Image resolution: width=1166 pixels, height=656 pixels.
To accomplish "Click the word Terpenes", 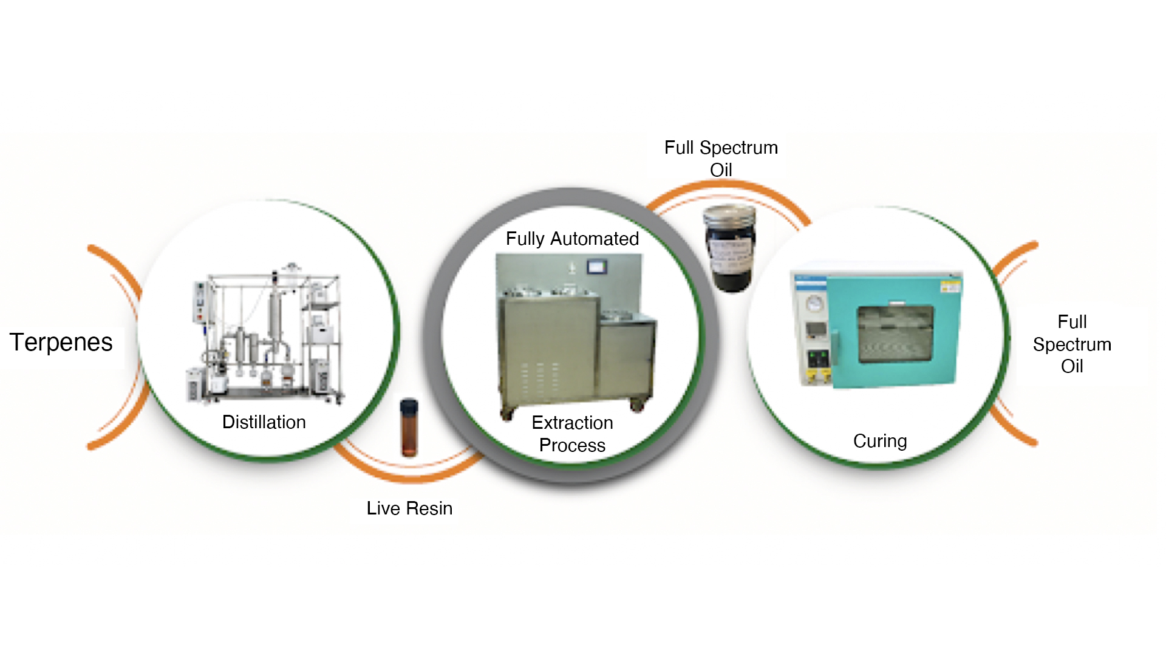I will point(61,343).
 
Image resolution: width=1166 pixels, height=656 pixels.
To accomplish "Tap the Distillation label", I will point(264,422).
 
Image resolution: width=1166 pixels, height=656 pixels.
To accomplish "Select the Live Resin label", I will point(409,508).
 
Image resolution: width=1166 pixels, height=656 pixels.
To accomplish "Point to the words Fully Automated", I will point(572,239).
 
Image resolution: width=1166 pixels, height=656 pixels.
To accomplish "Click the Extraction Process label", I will point(572,434).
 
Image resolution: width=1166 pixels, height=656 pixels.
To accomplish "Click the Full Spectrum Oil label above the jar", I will point(721,159).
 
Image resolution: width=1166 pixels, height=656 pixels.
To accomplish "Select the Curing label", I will point(880,441).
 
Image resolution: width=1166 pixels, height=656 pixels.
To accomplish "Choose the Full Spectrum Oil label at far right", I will point(1072,344).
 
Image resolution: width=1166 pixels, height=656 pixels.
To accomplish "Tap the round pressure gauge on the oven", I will point(815,303).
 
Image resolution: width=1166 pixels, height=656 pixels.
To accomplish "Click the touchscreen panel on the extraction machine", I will point(596,266).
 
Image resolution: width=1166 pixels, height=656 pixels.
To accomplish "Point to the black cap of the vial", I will point(409,403).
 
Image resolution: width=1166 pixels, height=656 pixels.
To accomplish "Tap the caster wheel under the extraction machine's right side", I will point(636,406).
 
